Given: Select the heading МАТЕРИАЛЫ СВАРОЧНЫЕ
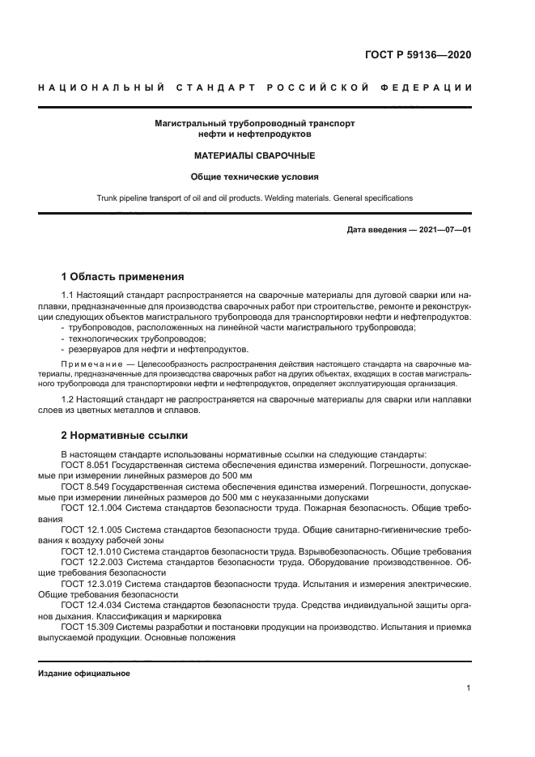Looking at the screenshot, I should (254, 155).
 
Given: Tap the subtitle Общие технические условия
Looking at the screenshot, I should (254, 176).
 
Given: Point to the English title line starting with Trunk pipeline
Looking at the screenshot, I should (254, 198).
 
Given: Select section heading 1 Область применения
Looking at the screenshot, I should (122, 276).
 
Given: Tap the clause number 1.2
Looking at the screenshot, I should (69, 400).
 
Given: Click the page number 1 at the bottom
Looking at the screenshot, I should (469, 689).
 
